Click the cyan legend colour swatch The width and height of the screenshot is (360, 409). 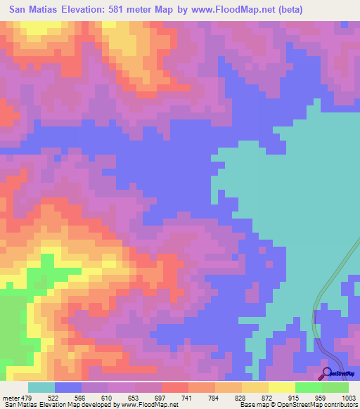41,388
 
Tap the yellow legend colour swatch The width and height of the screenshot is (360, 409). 281,388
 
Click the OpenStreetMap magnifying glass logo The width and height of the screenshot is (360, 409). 326,372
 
